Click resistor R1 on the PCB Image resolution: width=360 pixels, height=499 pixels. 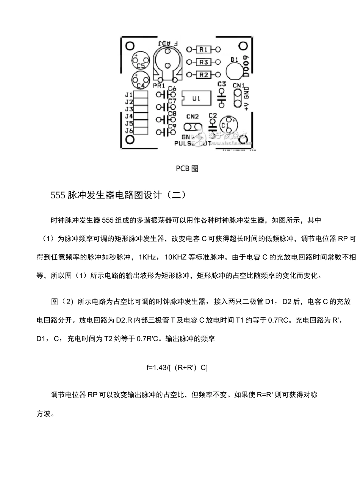203,49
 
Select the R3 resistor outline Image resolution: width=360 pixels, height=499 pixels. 203,62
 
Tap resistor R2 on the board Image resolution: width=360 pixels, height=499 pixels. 203,75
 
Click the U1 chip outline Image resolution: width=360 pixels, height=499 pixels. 196,98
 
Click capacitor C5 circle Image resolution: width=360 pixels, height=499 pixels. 140,62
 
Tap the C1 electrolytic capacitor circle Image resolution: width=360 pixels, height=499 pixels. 228,125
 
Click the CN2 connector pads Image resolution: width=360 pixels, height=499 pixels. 193,126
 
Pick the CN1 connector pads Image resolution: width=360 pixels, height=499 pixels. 238,98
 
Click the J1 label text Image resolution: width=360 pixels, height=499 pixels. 129,95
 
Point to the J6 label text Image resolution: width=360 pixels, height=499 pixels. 129,131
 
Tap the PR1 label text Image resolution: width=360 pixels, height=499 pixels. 159,86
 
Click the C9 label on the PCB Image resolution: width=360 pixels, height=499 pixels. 172,126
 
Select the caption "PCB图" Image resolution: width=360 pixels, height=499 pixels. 187,168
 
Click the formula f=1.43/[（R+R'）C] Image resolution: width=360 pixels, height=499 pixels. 177,367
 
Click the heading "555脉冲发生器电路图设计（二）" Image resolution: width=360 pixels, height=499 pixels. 119,195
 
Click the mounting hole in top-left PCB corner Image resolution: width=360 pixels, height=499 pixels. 130,45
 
